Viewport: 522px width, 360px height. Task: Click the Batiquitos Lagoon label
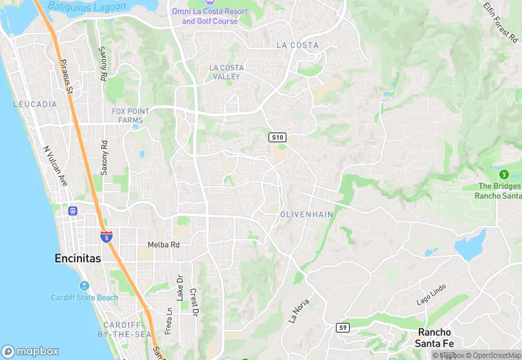tap(88, 6)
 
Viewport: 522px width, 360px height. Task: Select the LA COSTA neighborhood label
tap(297, 45)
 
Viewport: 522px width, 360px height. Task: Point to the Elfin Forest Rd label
tap(499, 22)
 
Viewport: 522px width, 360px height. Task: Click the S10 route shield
tap(277, 138)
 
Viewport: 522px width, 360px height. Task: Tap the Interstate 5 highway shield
tap(106, 237)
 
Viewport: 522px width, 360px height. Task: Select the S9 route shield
tap(343, 328)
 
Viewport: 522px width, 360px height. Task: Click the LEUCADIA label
tap(35, 104)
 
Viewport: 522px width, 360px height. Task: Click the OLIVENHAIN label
tap(306, 215)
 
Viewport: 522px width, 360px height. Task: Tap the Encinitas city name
tap(77, 259)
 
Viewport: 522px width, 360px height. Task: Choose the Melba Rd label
tap(163, 245)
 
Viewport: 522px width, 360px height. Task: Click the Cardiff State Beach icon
tap(84, 286)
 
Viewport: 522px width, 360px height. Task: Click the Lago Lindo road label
tap(431, 295)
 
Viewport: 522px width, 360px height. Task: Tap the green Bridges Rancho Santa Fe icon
tap(503, 175)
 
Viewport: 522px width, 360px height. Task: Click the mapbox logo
tap(30, 351)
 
